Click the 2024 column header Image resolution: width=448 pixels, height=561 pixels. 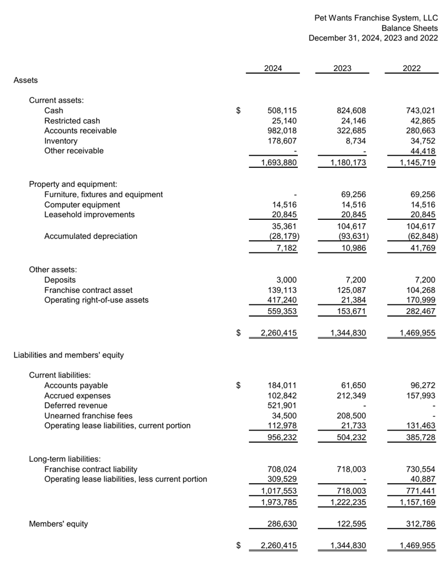click(273, 68)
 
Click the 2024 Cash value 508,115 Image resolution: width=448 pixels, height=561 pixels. click(283, 110)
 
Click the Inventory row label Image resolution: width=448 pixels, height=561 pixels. click(61, 141)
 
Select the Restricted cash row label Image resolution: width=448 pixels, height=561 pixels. click(72, 121)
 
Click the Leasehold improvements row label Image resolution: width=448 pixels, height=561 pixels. click(89, 215)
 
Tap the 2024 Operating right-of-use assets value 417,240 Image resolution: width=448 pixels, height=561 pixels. click(283, 300)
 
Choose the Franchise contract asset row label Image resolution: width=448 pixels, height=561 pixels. click(88, 290)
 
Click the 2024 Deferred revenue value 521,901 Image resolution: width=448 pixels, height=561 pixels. click(283, 405)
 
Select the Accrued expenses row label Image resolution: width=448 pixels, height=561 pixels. click(78, 395)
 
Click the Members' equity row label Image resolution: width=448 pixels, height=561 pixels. click(59, 524)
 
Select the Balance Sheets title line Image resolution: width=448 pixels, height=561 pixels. click(410, 28)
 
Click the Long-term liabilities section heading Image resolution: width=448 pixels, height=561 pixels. click(65, 459)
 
